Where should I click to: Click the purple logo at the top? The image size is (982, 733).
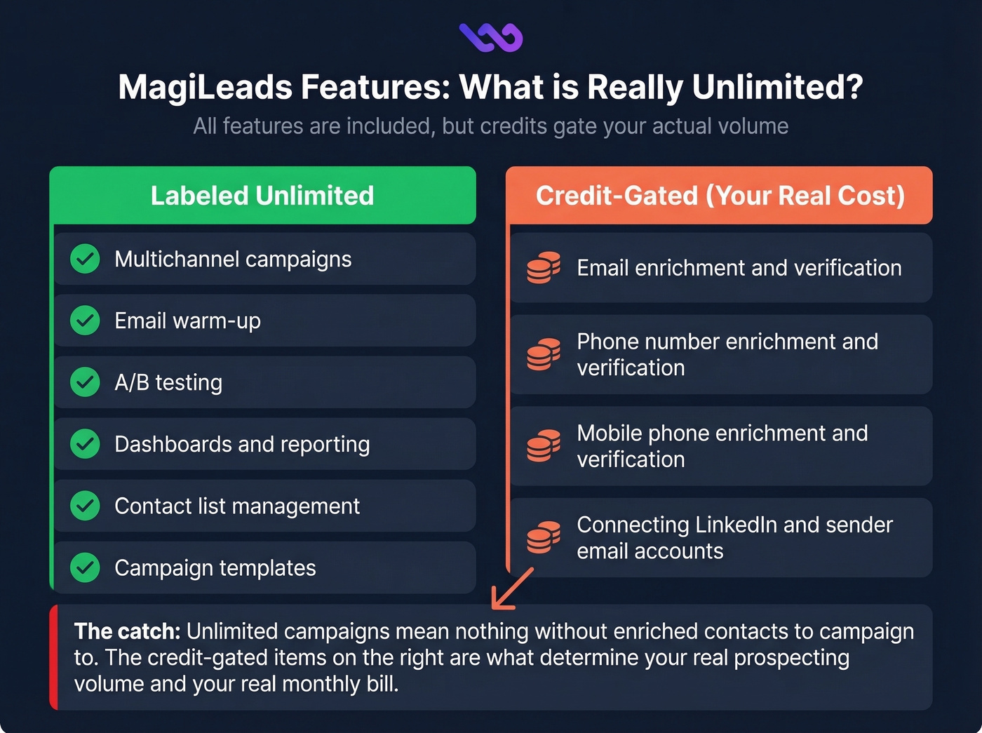[x=491, y=37]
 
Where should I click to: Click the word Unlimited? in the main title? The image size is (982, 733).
[x=777, y=88]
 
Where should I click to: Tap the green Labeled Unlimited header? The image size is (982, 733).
[x=262, y=196]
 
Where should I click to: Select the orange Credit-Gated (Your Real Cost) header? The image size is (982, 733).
[x=720, y=196]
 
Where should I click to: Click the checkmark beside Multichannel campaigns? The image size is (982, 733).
[x=85, y=259]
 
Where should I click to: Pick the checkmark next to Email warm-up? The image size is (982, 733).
[x=85, y=321]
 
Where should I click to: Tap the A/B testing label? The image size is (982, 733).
[x=168, y=382]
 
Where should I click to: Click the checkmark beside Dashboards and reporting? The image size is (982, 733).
[x=85, y=444]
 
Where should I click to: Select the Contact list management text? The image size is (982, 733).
[x=237, y=506]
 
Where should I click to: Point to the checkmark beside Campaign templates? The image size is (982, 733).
[x=85, y=567]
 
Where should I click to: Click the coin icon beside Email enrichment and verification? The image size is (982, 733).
[x=544, y=267]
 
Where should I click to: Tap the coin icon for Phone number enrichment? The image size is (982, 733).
[x=544, y=354]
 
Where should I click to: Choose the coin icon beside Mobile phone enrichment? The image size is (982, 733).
[x=544, y=445]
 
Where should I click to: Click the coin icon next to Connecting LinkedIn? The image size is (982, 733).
[x=544, y=537]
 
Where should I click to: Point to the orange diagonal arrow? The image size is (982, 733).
[x=512, y=589]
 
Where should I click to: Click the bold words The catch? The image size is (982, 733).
[x=127, y=631]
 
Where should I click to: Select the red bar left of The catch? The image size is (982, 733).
[x=53, y=657]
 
